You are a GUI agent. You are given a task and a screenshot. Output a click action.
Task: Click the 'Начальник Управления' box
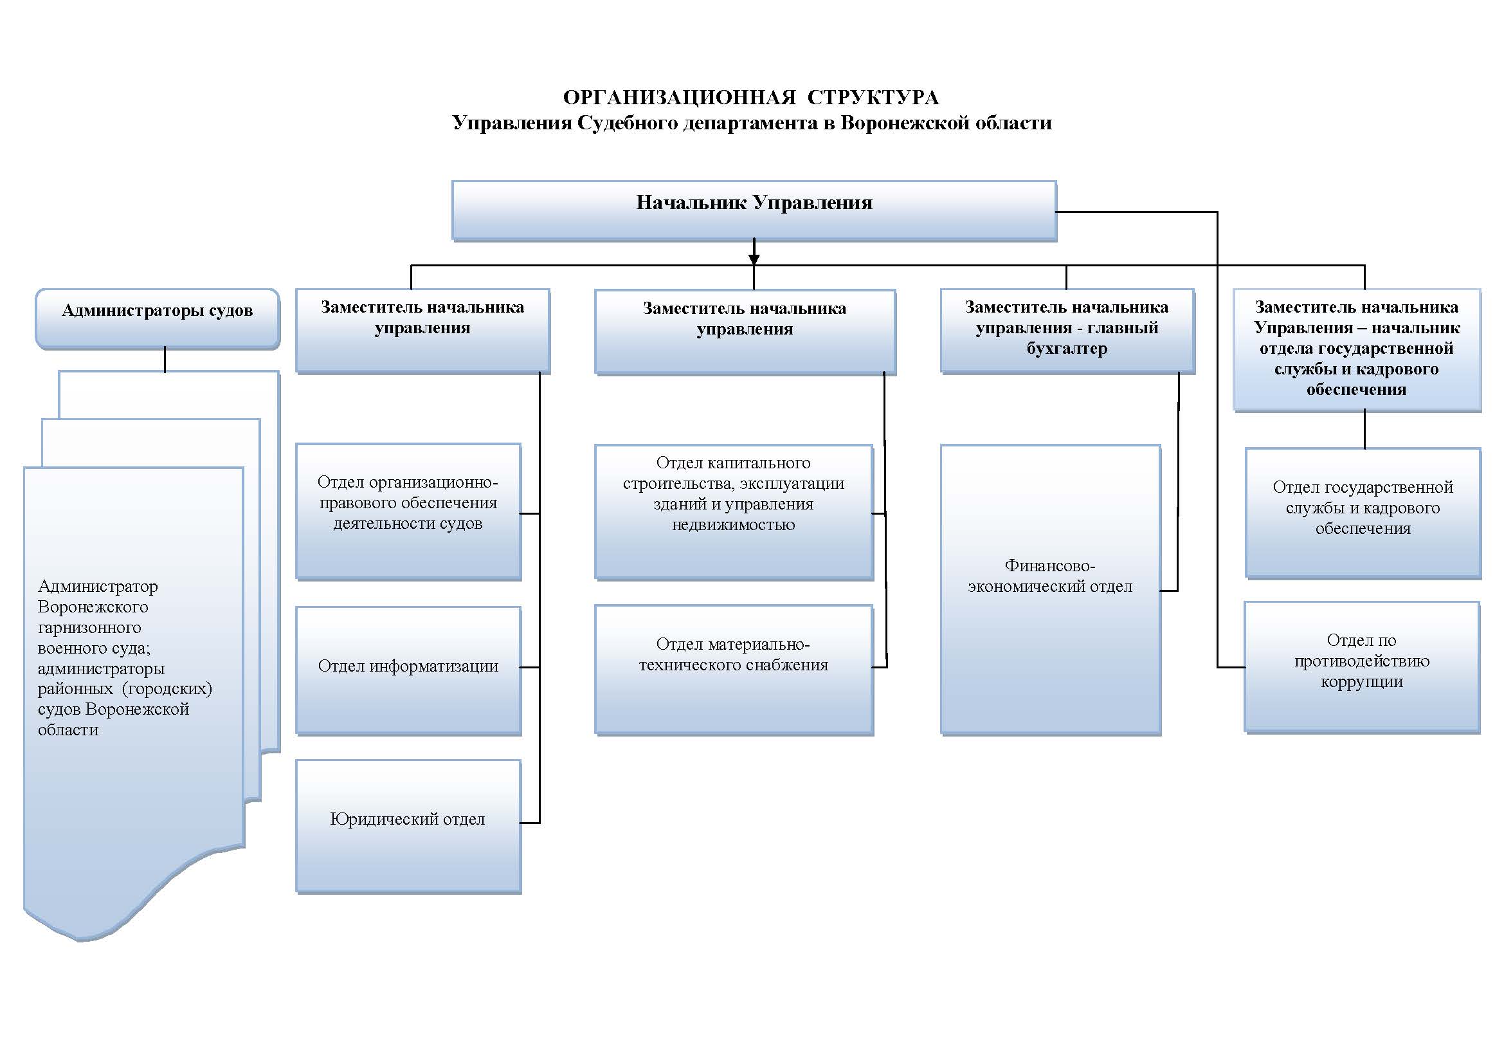[754, 210]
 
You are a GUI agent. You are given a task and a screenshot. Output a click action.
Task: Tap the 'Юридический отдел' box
[408, 825]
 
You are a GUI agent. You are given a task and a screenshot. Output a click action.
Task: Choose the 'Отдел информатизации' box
[408, 670]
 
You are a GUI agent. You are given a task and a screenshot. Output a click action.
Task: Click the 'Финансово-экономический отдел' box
[1050, 589]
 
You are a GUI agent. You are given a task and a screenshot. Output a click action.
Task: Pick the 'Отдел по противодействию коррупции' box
[1361, 666]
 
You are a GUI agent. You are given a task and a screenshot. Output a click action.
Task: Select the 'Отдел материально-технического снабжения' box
[734, 669]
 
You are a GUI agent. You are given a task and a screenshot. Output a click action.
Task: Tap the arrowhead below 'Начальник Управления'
[754, 259]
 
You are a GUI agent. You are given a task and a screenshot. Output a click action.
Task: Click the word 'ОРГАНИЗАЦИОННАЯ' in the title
[679, 98]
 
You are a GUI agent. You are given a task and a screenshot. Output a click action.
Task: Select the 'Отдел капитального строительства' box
[734, 511]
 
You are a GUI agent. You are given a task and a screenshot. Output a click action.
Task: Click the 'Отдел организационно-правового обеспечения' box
[408, 511]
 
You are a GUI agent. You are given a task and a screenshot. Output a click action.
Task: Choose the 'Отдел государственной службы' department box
[1363, 512]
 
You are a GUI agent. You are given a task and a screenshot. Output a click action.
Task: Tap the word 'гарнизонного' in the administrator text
[89, 628]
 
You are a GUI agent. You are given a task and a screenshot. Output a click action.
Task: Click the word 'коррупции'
[1361, 682]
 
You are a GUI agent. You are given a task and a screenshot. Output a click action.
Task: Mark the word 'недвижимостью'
[733, 525]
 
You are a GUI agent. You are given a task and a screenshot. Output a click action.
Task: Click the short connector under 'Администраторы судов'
[165, 360]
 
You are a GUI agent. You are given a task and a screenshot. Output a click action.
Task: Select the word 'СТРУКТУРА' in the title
[873, 98]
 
